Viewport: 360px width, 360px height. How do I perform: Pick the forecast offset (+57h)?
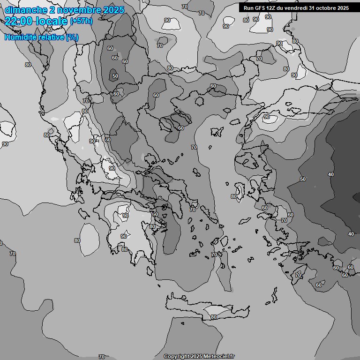click(x=81, y=21)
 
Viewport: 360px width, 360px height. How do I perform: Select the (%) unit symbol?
click(x=72, y=37)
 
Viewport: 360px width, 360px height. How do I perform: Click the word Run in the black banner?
click(x=248, y=7)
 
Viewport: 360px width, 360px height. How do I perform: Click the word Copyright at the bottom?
click(x=177, y=356)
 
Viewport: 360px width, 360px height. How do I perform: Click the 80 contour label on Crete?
click(x=213, y=317)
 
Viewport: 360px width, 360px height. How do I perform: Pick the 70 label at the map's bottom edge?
click(x=102, y=357)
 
